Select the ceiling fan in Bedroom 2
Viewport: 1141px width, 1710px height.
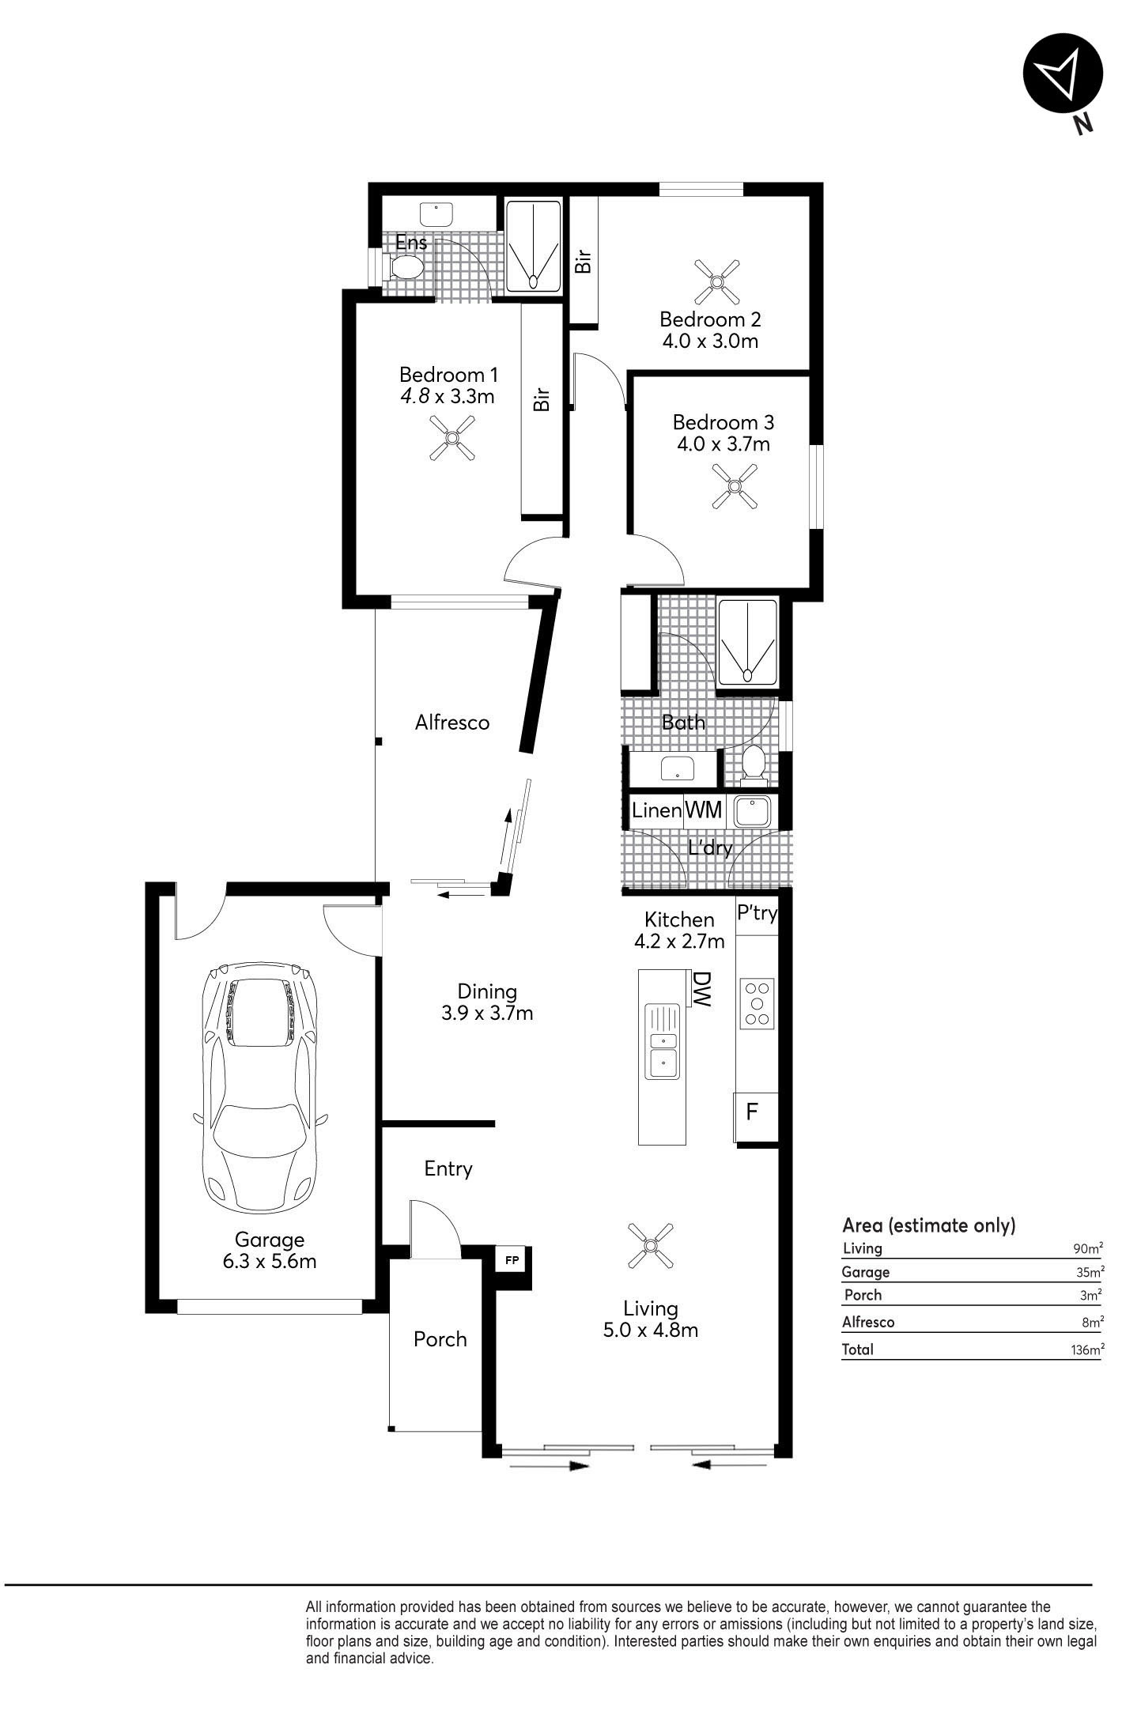[716, 281]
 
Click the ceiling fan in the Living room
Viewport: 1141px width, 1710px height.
[650, 1246]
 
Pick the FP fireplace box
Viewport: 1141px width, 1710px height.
[512, 1260]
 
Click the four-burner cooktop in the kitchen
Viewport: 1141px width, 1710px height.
[758, 1003]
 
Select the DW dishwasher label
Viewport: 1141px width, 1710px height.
[701, 988]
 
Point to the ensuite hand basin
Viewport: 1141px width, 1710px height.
[435, 214]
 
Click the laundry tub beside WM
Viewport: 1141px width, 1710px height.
[752, 811]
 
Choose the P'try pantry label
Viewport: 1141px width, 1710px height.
[757, 914]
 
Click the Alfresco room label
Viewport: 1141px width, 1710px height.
[452, 722]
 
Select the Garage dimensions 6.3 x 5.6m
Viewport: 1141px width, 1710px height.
[270, 1261]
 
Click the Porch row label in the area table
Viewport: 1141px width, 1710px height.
[863, 1295]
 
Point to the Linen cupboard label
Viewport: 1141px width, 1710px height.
[656, 810]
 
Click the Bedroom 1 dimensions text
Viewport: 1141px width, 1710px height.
[448, 396]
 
